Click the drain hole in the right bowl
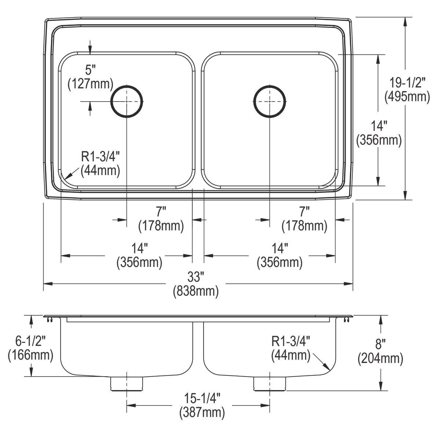click(x=269, y=101)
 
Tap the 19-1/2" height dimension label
click(x=407, y=82)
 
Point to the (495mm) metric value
click(x=407, y=96)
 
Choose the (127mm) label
click(x=91, y=84)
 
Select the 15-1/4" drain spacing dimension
click(x=202, y=399)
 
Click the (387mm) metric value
click(x=202, y=413)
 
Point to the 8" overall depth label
click(x=380, y=344)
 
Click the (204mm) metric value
click(x=380, y=359)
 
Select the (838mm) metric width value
click(x=196, y=291)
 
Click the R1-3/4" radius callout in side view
click(x=291, y=341)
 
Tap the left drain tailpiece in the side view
click(x=126, y=384)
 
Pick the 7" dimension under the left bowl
click(x=161, y=212)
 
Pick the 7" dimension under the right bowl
click(x=304, y=212)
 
